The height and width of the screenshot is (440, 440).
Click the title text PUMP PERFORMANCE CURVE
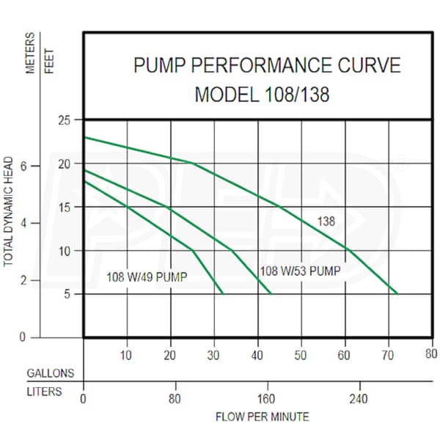click(267, 66)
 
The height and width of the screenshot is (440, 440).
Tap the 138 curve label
click(326, 221)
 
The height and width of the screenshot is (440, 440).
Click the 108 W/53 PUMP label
click(301, 271)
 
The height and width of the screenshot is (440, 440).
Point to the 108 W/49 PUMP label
click(147, 277)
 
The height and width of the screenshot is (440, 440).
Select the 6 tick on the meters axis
click(43, 166)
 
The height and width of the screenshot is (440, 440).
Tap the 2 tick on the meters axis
click(43, 281)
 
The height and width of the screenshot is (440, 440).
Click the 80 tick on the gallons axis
click(430, 356)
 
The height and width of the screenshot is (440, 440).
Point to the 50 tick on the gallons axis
click(300, 356)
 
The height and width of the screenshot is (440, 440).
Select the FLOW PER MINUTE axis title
click(262, 417)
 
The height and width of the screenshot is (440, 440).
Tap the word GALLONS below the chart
click(50, 373)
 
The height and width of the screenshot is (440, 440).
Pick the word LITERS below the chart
click(44, 392)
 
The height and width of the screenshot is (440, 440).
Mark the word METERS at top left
click(31, 55)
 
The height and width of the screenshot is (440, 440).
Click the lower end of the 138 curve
click(397, 293)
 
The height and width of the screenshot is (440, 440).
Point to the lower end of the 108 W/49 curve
click(222, 293)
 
